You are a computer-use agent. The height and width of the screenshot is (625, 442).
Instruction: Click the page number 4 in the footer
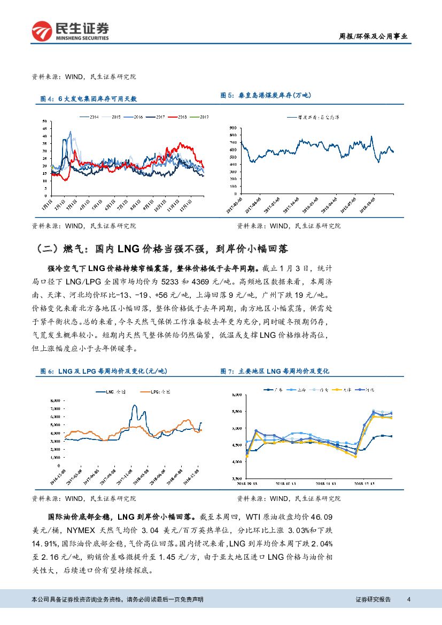click(x=408, y=599)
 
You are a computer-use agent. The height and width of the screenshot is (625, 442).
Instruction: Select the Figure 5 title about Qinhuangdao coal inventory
click(x=265, y=95)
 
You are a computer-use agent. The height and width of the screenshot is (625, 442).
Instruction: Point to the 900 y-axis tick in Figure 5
click(x=231, y=128)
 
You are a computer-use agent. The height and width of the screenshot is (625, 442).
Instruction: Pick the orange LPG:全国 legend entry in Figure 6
click(x=156, y=391)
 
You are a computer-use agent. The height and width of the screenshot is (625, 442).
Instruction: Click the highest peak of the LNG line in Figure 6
click(x=133, y=406)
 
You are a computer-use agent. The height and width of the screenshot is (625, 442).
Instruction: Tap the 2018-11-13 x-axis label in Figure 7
click(x=325, y=483)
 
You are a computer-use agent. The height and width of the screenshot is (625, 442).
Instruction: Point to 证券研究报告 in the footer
click(x=373, y=599)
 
